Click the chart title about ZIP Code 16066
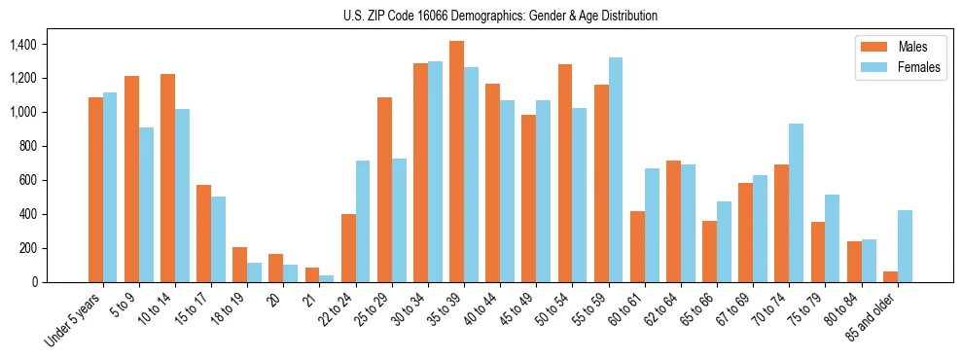[x=500, y=16]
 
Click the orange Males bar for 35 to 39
[x=456, y=162]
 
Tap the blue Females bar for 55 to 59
[x=616, y=169]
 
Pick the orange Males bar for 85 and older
[x=890, y=276]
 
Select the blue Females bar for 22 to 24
[x=363, y=221]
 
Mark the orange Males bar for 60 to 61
[x=637, y=246]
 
